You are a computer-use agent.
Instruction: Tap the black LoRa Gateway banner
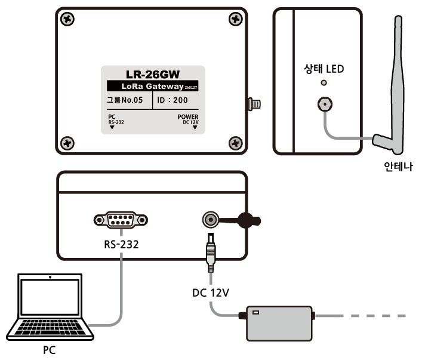(153, 87)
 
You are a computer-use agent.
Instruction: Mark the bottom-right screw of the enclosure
(236, 143)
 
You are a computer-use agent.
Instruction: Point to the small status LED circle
(324, 84)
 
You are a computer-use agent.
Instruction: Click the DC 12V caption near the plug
(211, 293)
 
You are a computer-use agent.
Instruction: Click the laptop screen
(50, 299)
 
